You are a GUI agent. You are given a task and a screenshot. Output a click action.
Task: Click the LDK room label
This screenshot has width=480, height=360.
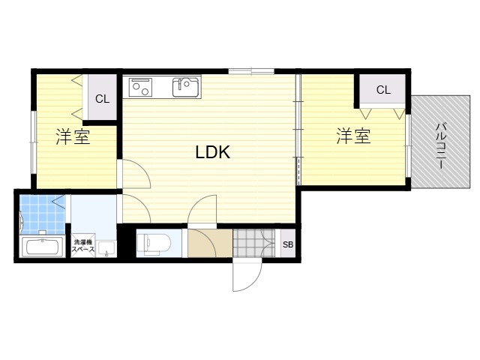point(213,151)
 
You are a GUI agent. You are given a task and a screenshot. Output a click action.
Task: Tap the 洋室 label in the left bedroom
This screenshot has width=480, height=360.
point(73,136)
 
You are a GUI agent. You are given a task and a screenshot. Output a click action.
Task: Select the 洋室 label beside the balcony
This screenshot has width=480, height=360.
point(353,136)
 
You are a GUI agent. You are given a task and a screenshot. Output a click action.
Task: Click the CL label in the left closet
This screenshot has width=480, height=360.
point(102,99)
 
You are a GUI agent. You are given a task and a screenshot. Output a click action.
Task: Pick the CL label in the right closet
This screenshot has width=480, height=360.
point(383,90)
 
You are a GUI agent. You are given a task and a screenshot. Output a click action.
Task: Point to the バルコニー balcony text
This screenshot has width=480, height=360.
point(441,145)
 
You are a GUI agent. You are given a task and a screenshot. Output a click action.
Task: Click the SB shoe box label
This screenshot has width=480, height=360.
point(288,244)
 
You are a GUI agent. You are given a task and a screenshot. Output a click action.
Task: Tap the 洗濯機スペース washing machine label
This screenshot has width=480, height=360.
point(83,245)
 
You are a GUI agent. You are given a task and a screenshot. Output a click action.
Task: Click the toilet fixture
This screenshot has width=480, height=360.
point(152,244)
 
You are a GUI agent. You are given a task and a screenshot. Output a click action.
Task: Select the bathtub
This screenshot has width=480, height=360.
point(42,247)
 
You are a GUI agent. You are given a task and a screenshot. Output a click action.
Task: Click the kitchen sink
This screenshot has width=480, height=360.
point(186,88)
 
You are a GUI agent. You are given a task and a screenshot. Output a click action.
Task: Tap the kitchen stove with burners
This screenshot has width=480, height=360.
point(141,87)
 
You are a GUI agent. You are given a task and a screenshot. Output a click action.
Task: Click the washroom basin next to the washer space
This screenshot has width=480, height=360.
point(106,248)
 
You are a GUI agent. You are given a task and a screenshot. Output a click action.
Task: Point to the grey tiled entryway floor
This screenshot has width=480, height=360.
point(254,243)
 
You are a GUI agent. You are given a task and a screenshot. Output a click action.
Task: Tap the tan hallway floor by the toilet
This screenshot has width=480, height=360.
point(210,243)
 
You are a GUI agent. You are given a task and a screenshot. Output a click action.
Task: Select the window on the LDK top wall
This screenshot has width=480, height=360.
point(251,72)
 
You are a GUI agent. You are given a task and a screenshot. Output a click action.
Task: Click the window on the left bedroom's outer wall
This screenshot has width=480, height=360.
point(33,142)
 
